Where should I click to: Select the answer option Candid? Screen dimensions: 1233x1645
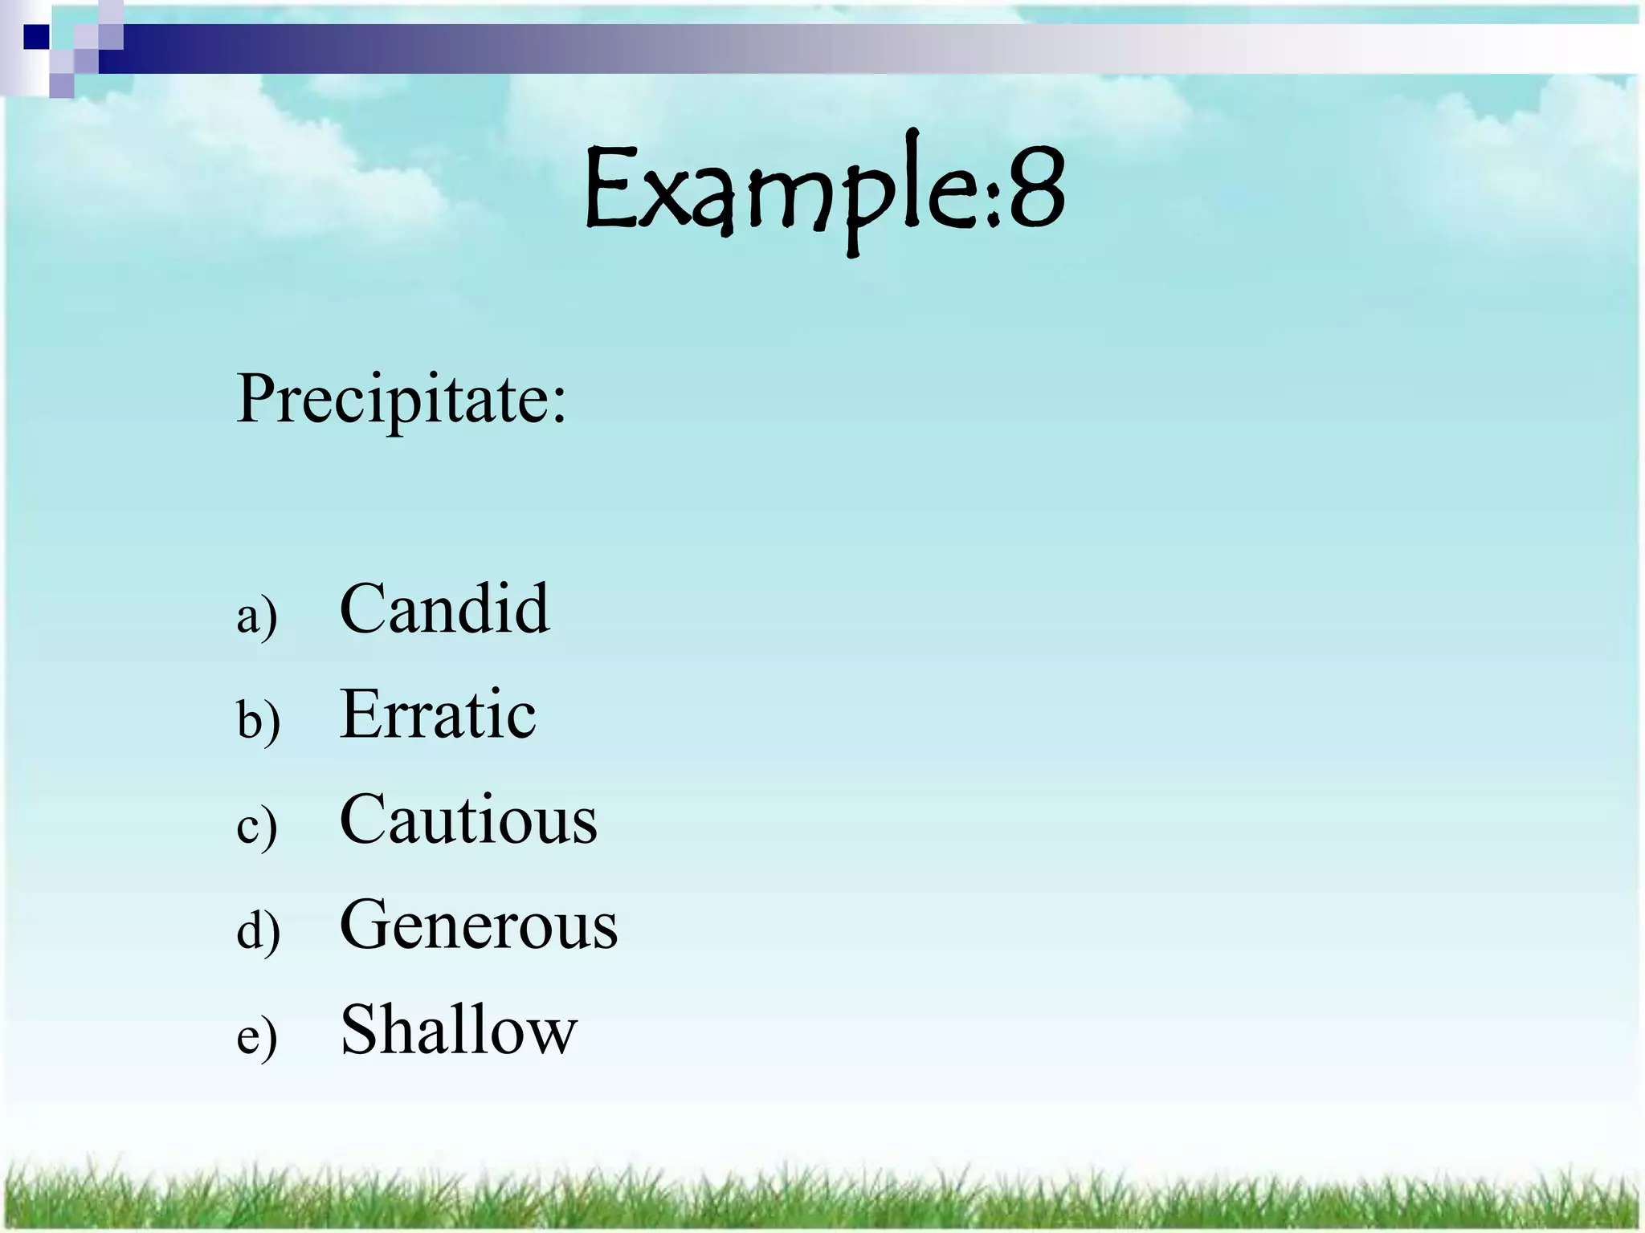pyautogui.click(x=444, y=608)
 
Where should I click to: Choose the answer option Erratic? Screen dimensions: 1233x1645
pyautogui.click(x=438, y=714)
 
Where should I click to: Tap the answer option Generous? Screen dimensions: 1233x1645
pyautogui.click(x=479, y=924)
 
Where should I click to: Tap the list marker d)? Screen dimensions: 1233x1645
pyautogui.click(x=258, y=930)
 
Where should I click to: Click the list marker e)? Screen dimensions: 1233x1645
pyautogui.click(x=257, y=1037)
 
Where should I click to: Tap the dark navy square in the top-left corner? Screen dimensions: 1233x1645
pyautogui.click(x=35, y=37)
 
